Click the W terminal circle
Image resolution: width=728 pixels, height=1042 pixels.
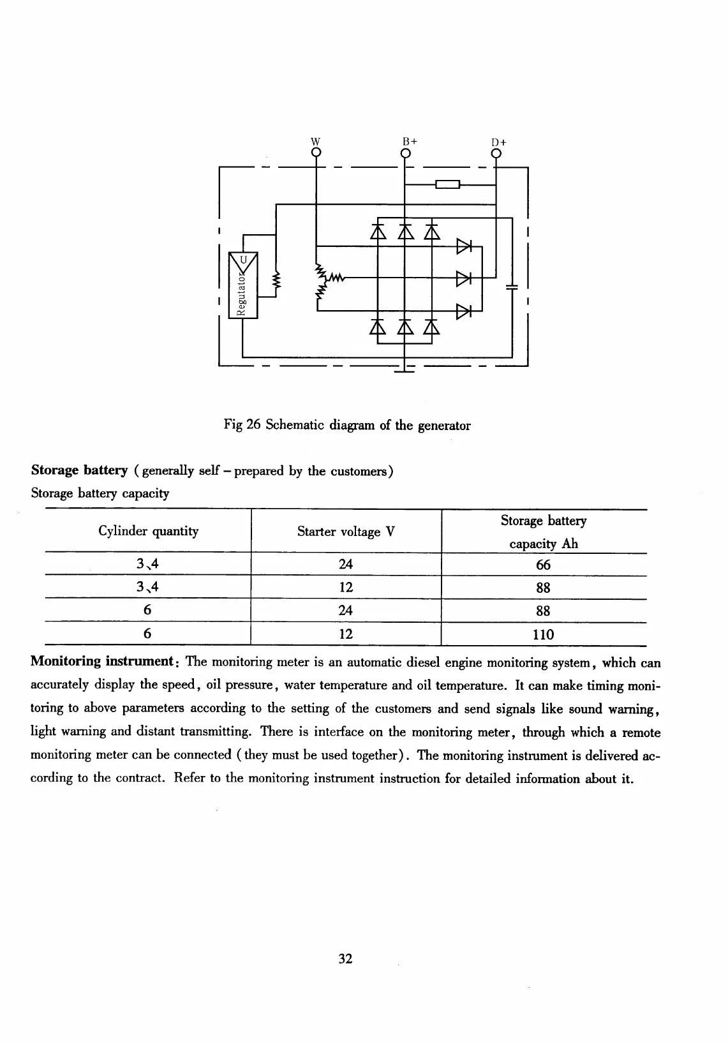(x=316, y=152)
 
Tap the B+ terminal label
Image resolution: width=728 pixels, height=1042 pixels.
(x=410, y=141)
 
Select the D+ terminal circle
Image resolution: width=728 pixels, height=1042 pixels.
(x=496, y=153)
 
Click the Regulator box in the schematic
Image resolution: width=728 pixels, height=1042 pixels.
(x=243, y=285)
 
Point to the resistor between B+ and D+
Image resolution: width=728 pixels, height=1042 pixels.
(x=447, y=184)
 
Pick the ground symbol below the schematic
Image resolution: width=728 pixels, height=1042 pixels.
(x=405, y=369)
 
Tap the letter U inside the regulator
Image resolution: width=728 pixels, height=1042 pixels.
(x=243, y=260)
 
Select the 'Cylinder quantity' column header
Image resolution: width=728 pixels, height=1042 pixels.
(x=149, y=532)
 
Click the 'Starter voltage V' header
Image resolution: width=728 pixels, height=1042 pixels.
(x=346, y=532)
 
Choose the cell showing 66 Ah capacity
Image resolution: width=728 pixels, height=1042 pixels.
(x=544, y=565)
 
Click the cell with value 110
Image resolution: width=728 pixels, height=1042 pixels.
(x=544, y=634)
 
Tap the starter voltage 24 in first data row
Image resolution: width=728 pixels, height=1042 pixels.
(x=346, y=564)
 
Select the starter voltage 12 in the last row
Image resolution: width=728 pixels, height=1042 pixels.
(x=346, y=634)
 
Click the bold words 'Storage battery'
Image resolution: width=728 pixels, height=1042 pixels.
(x=79, y=470)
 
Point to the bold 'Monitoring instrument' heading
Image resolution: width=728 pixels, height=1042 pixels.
(x=102, y=662)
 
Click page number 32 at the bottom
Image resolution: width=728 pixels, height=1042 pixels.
(x=346, y=958)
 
